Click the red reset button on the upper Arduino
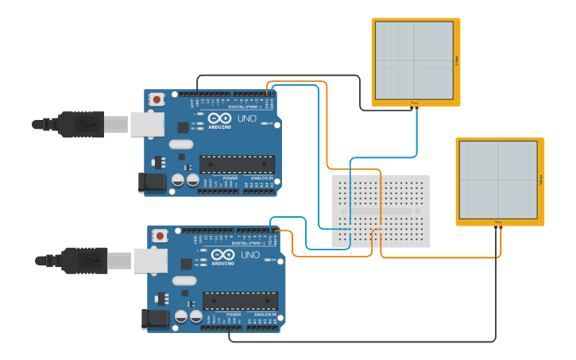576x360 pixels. (157, 99)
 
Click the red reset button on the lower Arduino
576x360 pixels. (160, 235)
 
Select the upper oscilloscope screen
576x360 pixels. (415, 60)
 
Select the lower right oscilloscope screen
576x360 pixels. (499, 180)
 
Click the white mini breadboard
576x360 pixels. (381, 211)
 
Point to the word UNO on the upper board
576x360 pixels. (247, 118)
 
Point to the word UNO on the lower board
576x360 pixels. (250, 254)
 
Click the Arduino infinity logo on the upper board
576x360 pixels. (220, 118)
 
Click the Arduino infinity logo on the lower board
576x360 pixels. (223, 254)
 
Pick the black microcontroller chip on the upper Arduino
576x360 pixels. (237, 165)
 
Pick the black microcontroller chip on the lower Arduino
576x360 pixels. (240, 300)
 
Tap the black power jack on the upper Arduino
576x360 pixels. (153, 183)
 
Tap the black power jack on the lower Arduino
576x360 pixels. (156, 319)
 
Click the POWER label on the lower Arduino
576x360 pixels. (234, 315)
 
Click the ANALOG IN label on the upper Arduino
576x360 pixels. (260, 179)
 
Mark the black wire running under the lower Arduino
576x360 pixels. (358, 342)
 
